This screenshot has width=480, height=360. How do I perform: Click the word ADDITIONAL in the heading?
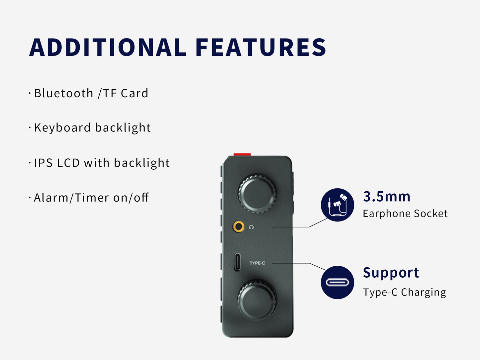click(x=108, y=47)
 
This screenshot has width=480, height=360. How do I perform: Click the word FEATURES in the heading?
click(x=261, y=47)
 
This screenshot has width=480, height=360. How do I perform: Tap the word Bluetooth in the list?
click(x=63, y=93)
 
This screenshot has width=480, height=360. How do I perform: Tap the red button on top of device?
click(x=242, y=154)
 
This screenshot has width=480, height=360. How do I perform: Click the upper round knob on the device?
click(x=257, y=193)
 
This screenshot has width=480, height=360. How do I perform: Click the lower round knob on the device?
click(x=257, y=299)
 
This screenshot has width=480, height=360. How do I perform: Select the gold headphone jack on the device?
click(x=239, y=227)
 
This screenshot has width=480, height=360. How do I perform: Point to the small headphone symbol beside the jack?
click(x=251, y=227)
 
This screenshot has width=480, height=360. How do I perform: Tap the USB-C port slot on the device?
click(x=237, y=262)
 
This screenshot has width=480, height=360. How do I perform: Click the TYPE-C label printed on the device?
click(x=257, y=263)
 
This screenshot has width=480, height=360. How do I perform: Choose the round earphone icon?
click(x=337, y=205)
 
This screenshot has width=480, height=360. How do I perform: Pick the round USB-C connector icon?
click(x=337, y=282)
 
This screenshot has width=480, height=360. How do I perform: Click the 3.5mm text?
click(x=387, y=196)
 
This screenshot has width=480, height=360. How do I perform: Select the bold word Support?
click(x=391, y=273)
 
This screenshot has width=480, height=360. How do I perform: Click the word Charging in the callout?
click(x=424, y=292)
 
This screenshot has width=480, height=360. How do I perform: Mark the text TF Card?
click(x=125, y=93)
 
